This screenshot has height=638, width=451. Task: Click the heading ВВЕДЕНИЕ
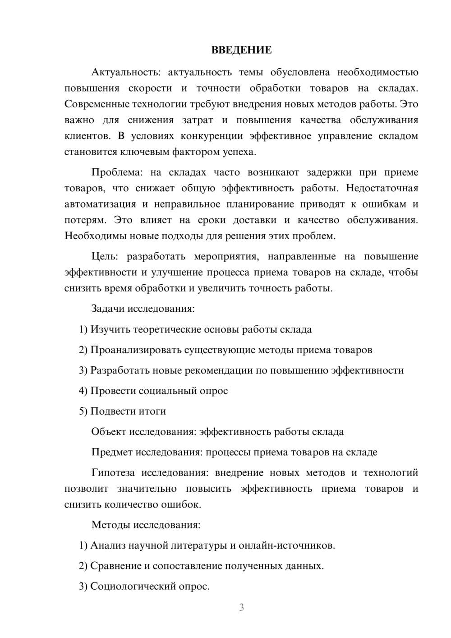(241, 50)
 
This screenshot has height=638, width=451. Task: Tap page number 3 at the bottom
(241, 607)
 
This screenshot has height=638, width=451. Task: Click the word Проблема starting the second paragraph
(115, 172)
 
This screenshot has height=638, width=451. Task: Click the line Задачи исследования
(143, 309)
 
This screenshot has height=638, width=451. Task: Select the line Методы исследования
(146, 525)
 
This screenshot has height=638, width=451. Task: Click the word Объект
(109, 432)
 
